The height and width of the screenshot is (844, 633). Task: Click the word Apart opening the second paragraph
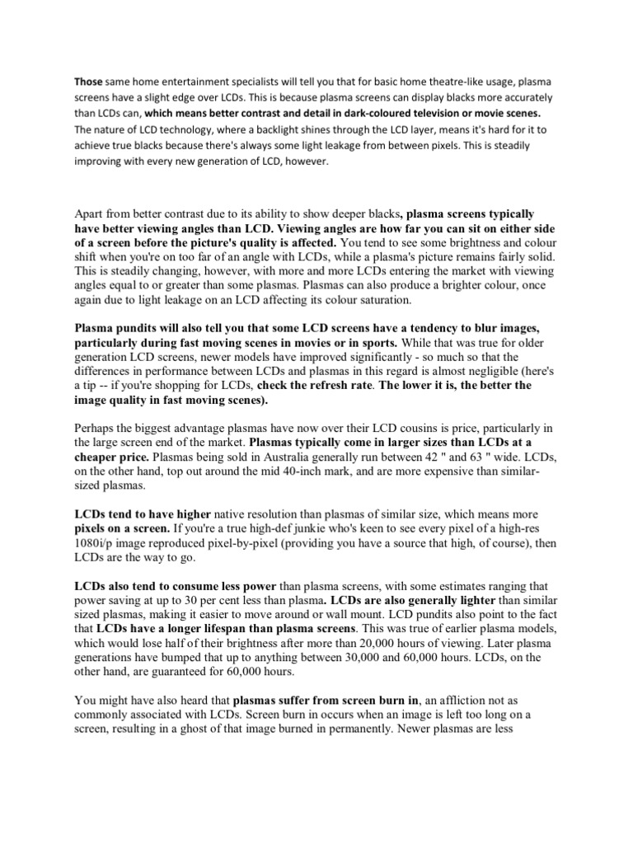click(91, 213)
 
